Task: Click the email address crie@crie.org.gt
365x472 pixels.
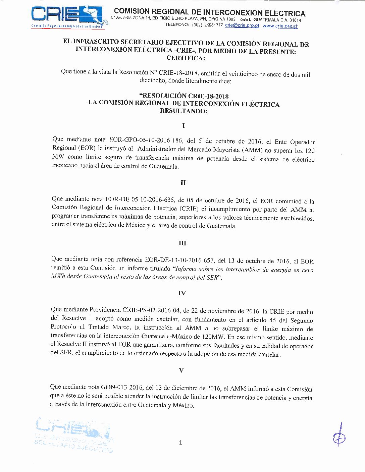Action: (242, 25)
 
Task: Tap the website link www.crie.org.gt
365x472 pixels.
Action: (280, 26)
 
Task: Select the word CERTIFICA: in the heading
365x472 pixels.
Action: (185, 58)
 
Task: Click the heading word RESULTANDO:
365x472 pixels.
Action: (184, 111)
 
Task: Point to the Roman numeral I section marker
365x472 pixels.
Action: (183, 126)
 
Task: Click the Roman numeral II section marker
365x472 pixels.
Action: (183, 183)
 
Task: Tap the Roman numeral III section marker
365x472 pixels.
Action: (182, 243)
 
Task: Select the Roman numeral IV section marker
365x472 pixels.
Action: (182, 293)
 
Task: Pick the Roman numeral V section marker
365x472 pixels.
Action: (181, 370)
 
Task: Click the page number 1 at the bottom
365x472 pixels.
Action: (180, 442)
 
